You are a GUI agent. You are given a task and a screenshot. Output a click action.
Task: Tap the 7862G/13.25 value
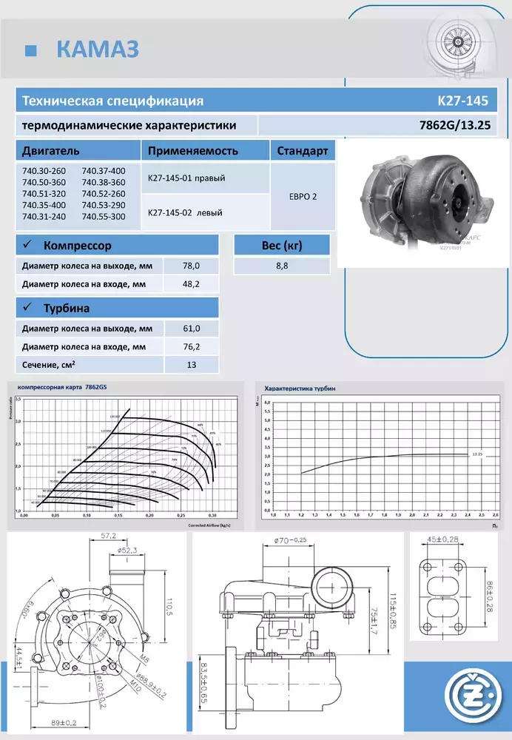pyautogui.click(x=455, y=125)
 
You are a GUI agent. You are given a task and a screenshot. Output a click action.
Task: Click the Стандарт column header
pyautogui.click(x=302, y=151)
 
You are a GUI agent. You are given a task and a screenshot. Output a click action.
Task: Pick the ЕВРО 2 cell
pyautogui.click(x=302, y=198)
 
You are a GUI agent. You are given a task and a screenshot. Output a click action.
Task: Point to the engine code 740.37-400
pyautogui.click(x=104, y=172)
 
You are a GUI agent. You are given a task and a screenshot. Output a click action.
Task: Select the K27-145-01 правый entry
pyautogui.click(x=186, y=178)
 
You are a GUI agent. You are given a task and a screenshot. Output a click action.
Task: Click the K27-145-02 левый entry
pyautogui.click(x=186, y=212)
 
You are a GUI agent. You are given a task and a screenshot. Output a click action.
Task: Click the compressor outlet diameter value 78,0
pyautogui.click(x=192, y=265)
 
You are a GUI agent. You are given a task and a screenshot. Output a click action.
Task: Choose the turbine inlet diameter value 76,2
pyautogui.click(x=192, y=346)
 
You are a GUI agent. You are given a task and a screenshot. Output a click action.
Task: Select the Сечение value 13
pyautogui.click(x=192, y=364)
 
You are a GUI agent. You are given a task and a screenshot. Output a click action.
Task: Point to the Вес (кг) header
pyautogui.click(x=280, y=245)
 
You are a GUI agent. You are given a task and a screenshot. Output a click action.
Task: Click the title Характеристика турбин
pyautogui.click(x=300, y=387)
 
